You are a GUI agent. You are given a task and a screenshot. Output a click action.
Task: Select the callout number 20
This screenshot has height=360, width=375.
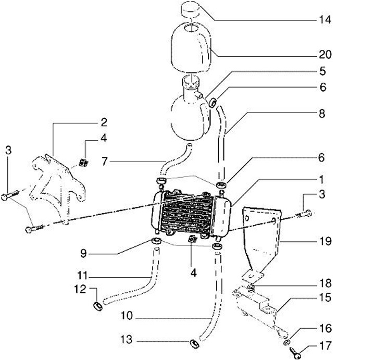pyautogui.click(x=325, y=54)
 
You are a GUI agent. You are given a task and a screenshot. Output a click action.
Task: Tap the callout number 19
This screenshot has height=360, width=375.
pyautogui.click(x=325, y=241)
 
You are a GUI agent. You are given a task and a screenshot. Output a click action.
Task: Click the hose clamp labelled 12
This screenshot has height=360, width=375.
pyautogui.click(x=97, y=305)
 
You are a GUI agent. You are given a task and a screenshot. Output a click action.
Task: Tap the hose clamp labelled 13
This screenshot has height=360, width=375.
pyautogui.click(x=193, y=343)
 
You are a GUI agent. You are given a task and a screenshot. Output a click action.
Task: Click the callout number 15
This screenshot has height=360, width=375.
pyautogui.click(x=325, y=298)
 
